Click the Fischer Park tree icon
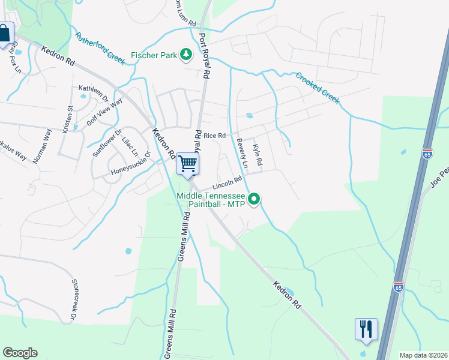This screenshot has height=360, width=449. tap(187, 55)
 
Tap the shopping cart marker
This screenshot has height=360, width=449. tap(188, 163)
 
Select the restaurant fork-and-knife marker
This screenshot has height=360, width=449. tap(366, 329)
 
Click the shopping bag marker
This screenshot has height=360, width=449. tap(5, 34)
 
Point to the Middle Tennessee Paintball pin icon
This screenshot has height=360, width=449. tap(254, 198)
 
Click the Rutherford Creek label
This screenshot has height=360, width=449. tap(100, 47)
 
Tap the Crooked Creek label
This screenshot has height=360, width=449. tap(318, 88)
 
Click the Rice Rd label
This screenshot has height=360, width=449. tap(215, 136)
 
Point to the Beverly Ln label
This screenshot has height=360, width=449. tap(242, 153)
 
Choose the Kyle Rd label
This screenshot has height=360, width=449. tap(257, 155)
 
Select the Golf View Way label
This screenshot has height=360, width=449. tap(104, 110)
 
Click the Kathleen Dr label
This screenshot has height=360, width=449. tap(94, 92)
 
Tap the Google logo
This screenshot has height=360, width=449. tap(20, 353)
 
